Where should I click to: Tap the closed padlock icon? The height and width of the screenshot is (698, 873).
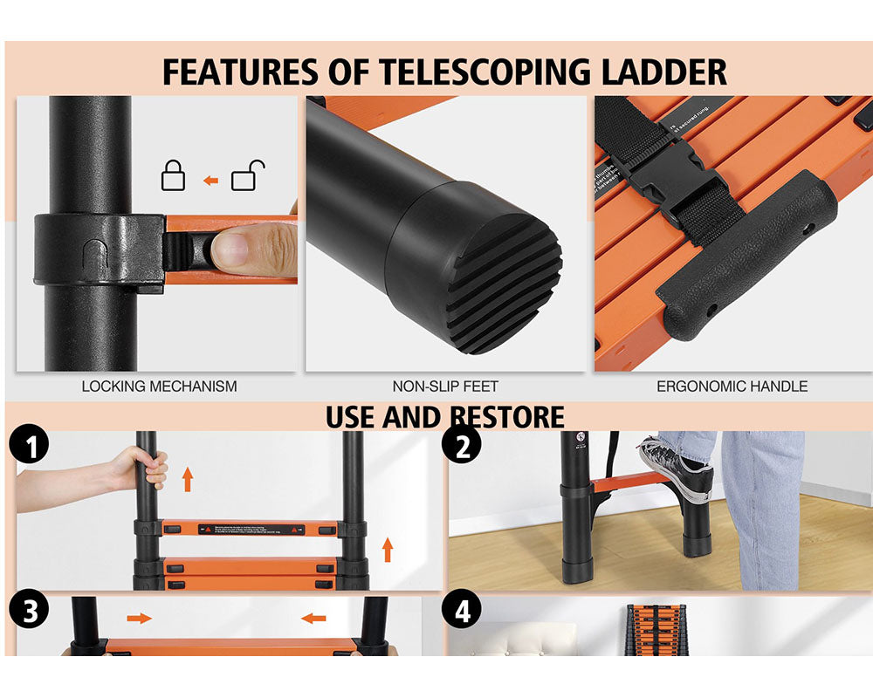pyautogui.click(x=173, y=177)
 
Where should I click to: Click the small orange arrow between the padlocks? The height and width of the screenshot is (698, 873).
pyautogui.click(x=210, y=181)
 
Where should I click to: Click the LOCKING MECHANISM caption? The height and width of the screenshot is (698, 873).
pyautogui.click(x=159, y=386)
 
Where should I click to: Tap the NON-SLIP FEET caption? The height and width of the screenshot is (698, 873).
pyautogui.click(x=445, y=386)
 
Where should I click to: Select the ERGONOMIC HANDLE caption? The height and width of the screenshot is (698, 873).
pyautogui.click(x=732, y=386)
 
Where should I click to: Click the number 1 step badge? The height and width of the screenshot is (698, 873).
pyautogui.click(x=30, y=448)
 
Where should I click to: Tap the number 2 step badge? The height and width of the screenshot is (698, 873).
pyautogui.click(x=463, y=447)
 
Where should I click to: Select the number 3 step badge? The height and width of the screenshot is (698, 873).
pyautogui.click(x=30, y=612)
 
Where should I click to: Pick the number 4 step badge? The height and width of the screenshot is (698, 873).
pyautogui.click(x=463, y=612)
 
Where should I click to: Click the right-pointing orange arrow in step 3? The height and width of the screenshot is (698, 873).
pyautogui.click(x=139, y=619)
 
